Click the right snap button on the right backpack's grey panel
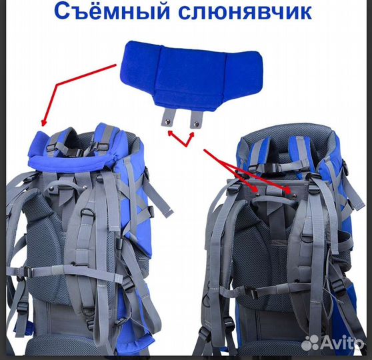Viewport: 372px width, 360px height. (289, 189)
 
